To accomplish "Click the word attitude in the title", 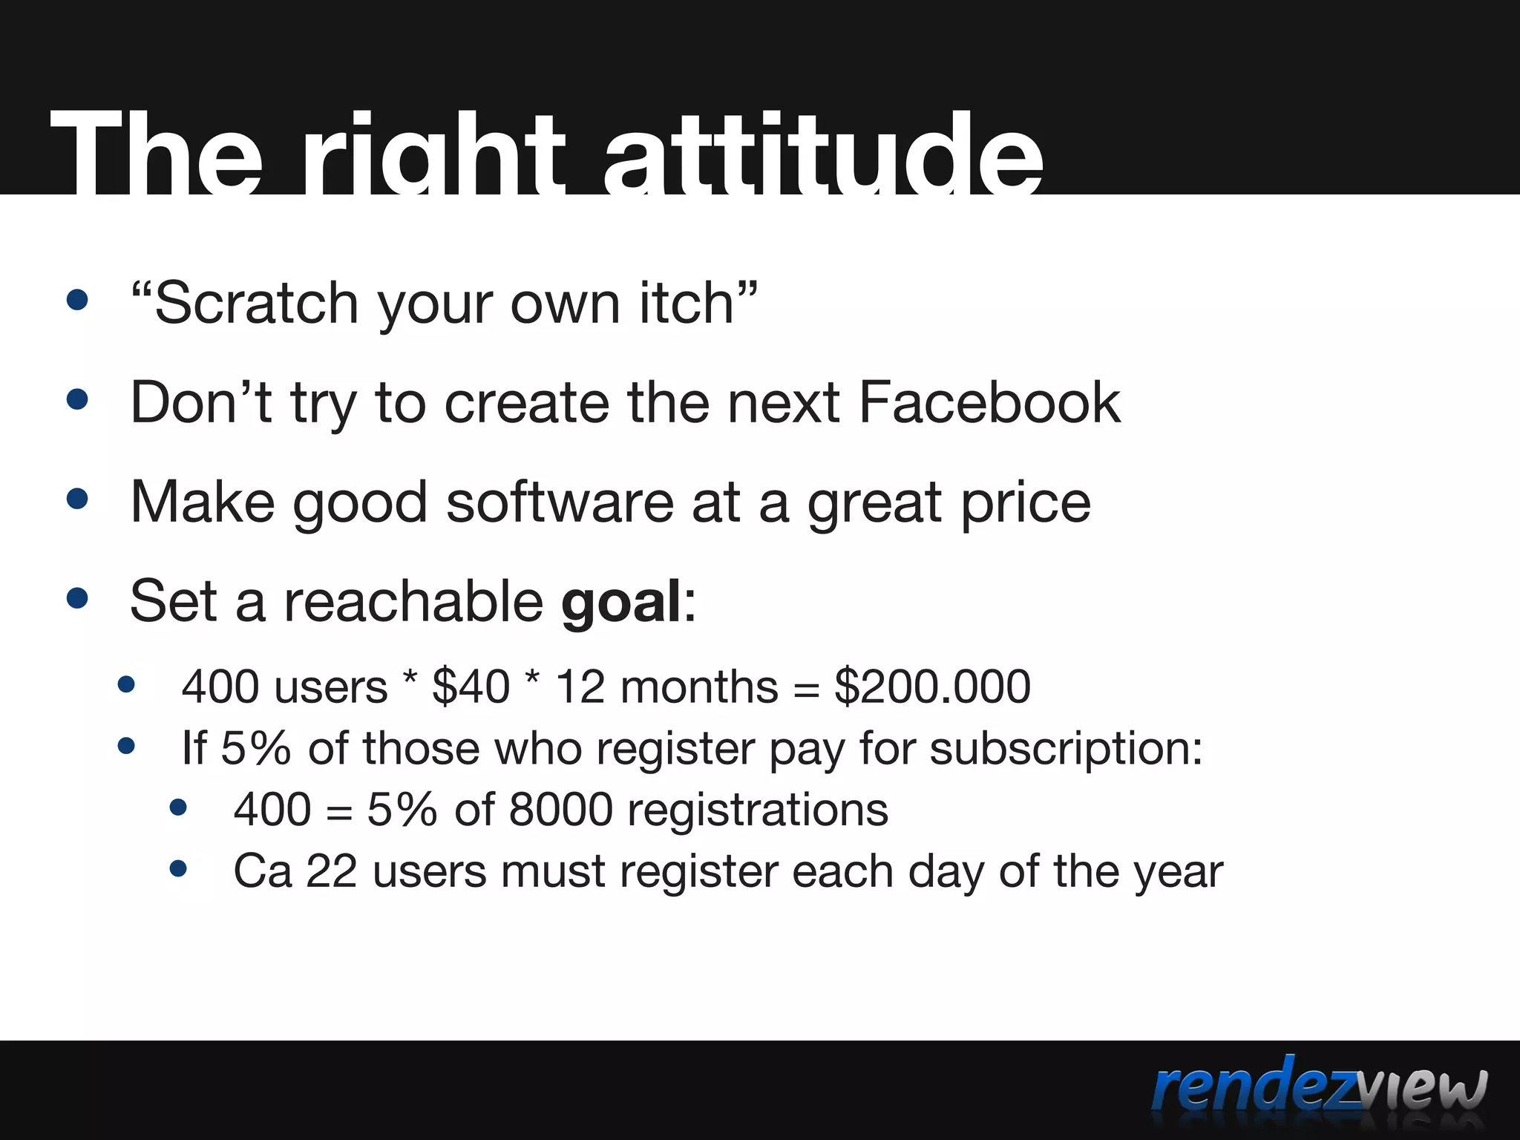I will click(x=822, y=156).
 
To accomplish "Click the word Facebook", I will click(x=989, y=402).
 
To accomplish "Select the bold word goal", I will click(x=621, y=601).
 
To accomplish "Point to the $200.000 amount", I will click(x=932, y=686).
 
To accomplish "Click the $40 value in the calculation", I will click(x=471, y=686).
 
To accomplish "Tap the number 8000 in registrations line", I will click(x=560, y=809).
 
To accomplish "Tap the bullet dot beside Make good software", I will click(x=77, y=499).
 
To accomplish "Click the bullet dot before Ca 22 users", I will click(x=178, y=868).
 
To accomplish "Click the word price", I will click(x=1026, y=502).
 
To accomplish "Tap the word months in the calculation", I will click(x=699, y=686).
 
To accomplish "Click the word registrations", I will click(x=757, y=809).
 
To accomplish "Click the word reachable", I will click(x=413, y=601).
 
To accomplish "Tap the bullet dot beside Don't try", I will click(x=77, y=400).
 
